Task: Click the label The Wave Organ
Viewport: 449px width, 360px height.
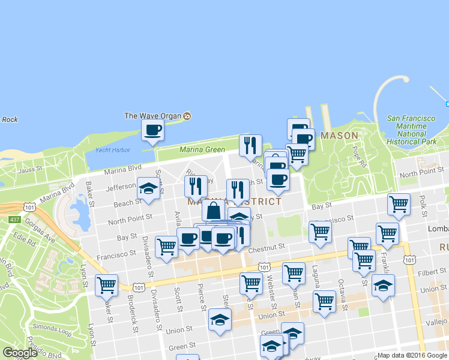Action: click(x=153, y=116)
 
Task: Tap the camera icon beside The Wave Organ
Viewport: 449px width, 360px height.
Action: click(x=187, y=116)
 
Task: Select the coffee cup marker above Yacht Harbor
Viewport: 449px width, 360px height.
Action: click(x=152, y=130)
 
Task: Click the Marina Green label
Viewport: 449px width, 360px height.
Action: click(x=203, y=149)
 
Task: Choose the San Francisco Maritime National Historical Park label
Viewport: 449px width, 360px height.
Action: click(x=411, y=130)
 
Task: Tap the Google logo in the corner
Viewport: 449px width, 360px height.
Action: click(x=20, y=353)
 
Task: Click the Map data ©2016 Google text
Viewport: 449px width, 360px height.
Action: click(x=412, y=355)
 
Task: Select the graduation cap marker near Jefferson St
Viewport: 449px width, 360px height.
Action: click(x=148, y=188)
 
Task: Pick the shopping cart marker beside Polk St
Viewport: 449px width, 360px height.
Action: click(x=399, y=204)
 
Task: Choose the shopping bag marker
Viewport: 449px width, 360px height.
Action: click(x=214, y=211)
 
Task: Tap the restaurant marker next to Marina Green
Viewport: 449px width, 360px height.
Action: click(x=250, y=145)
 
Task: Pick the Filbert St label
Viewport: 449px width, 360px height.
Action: click(x=429, y=272)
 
